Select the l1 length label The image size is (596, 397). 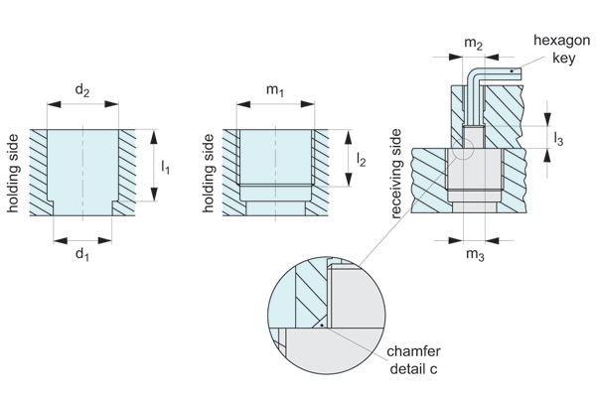(x=165, y=167)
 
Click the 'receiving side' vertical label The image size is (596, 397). (x=397, y=178)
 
